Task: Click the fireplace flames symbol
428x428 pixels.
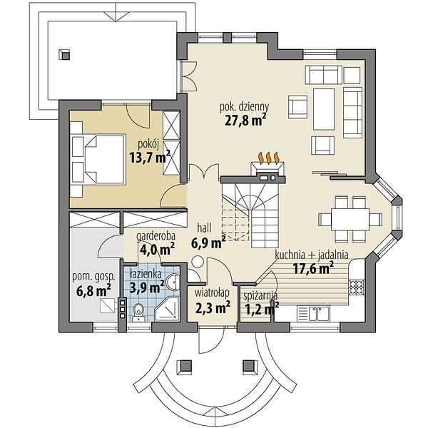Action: pos(269,158)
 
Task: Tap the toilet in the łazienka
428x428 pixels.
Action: pos(138,312)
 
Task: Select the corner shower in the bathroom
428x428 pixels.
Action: pos(167,310)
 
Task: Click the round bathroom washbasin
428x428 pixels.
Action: pos(173,282)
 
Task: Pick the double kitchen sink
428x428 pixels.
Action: pos(313,313)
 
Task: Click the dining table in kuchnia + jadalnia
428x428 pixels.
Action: pos(350,220)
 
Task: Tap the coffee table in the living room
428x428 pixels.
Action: pos(324,109)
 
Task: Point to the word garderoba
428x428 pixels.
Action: pos(156,236)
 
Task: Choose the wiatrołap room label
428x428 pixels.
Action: pos(212,293)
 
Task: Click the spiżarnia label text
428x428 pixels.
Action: pos(260,295)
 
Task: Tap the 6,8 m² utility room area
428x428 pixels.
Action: pos(93,291)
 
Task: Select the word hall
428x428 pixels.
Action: pos(204,228)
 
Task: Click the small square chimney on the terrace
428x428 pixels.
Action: pos(64,55)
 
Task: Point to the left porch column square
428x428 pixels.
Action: pos(184,366)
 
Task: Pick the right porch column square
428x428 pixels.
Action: pos(250,366)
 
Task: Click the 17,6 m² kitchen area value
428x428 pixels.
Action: pos(313,268)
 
